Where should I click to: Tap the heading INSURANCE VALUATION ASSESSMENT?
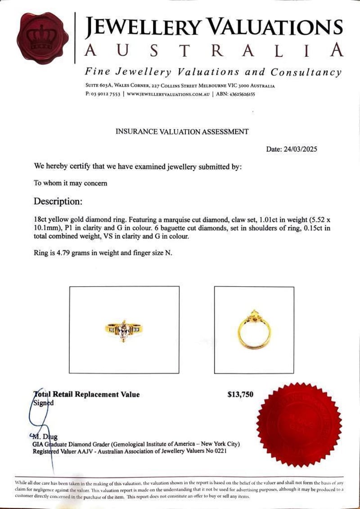pyautogui.click(x=182, y=131)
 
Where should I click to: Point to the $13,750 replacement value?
pyautogui.click(x=241, y=395)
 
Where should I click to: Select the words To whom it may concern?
pyautogui.click(x=70, y=183)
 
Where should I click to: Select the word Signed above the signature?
pyautogui.click(x=44, y=403)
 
